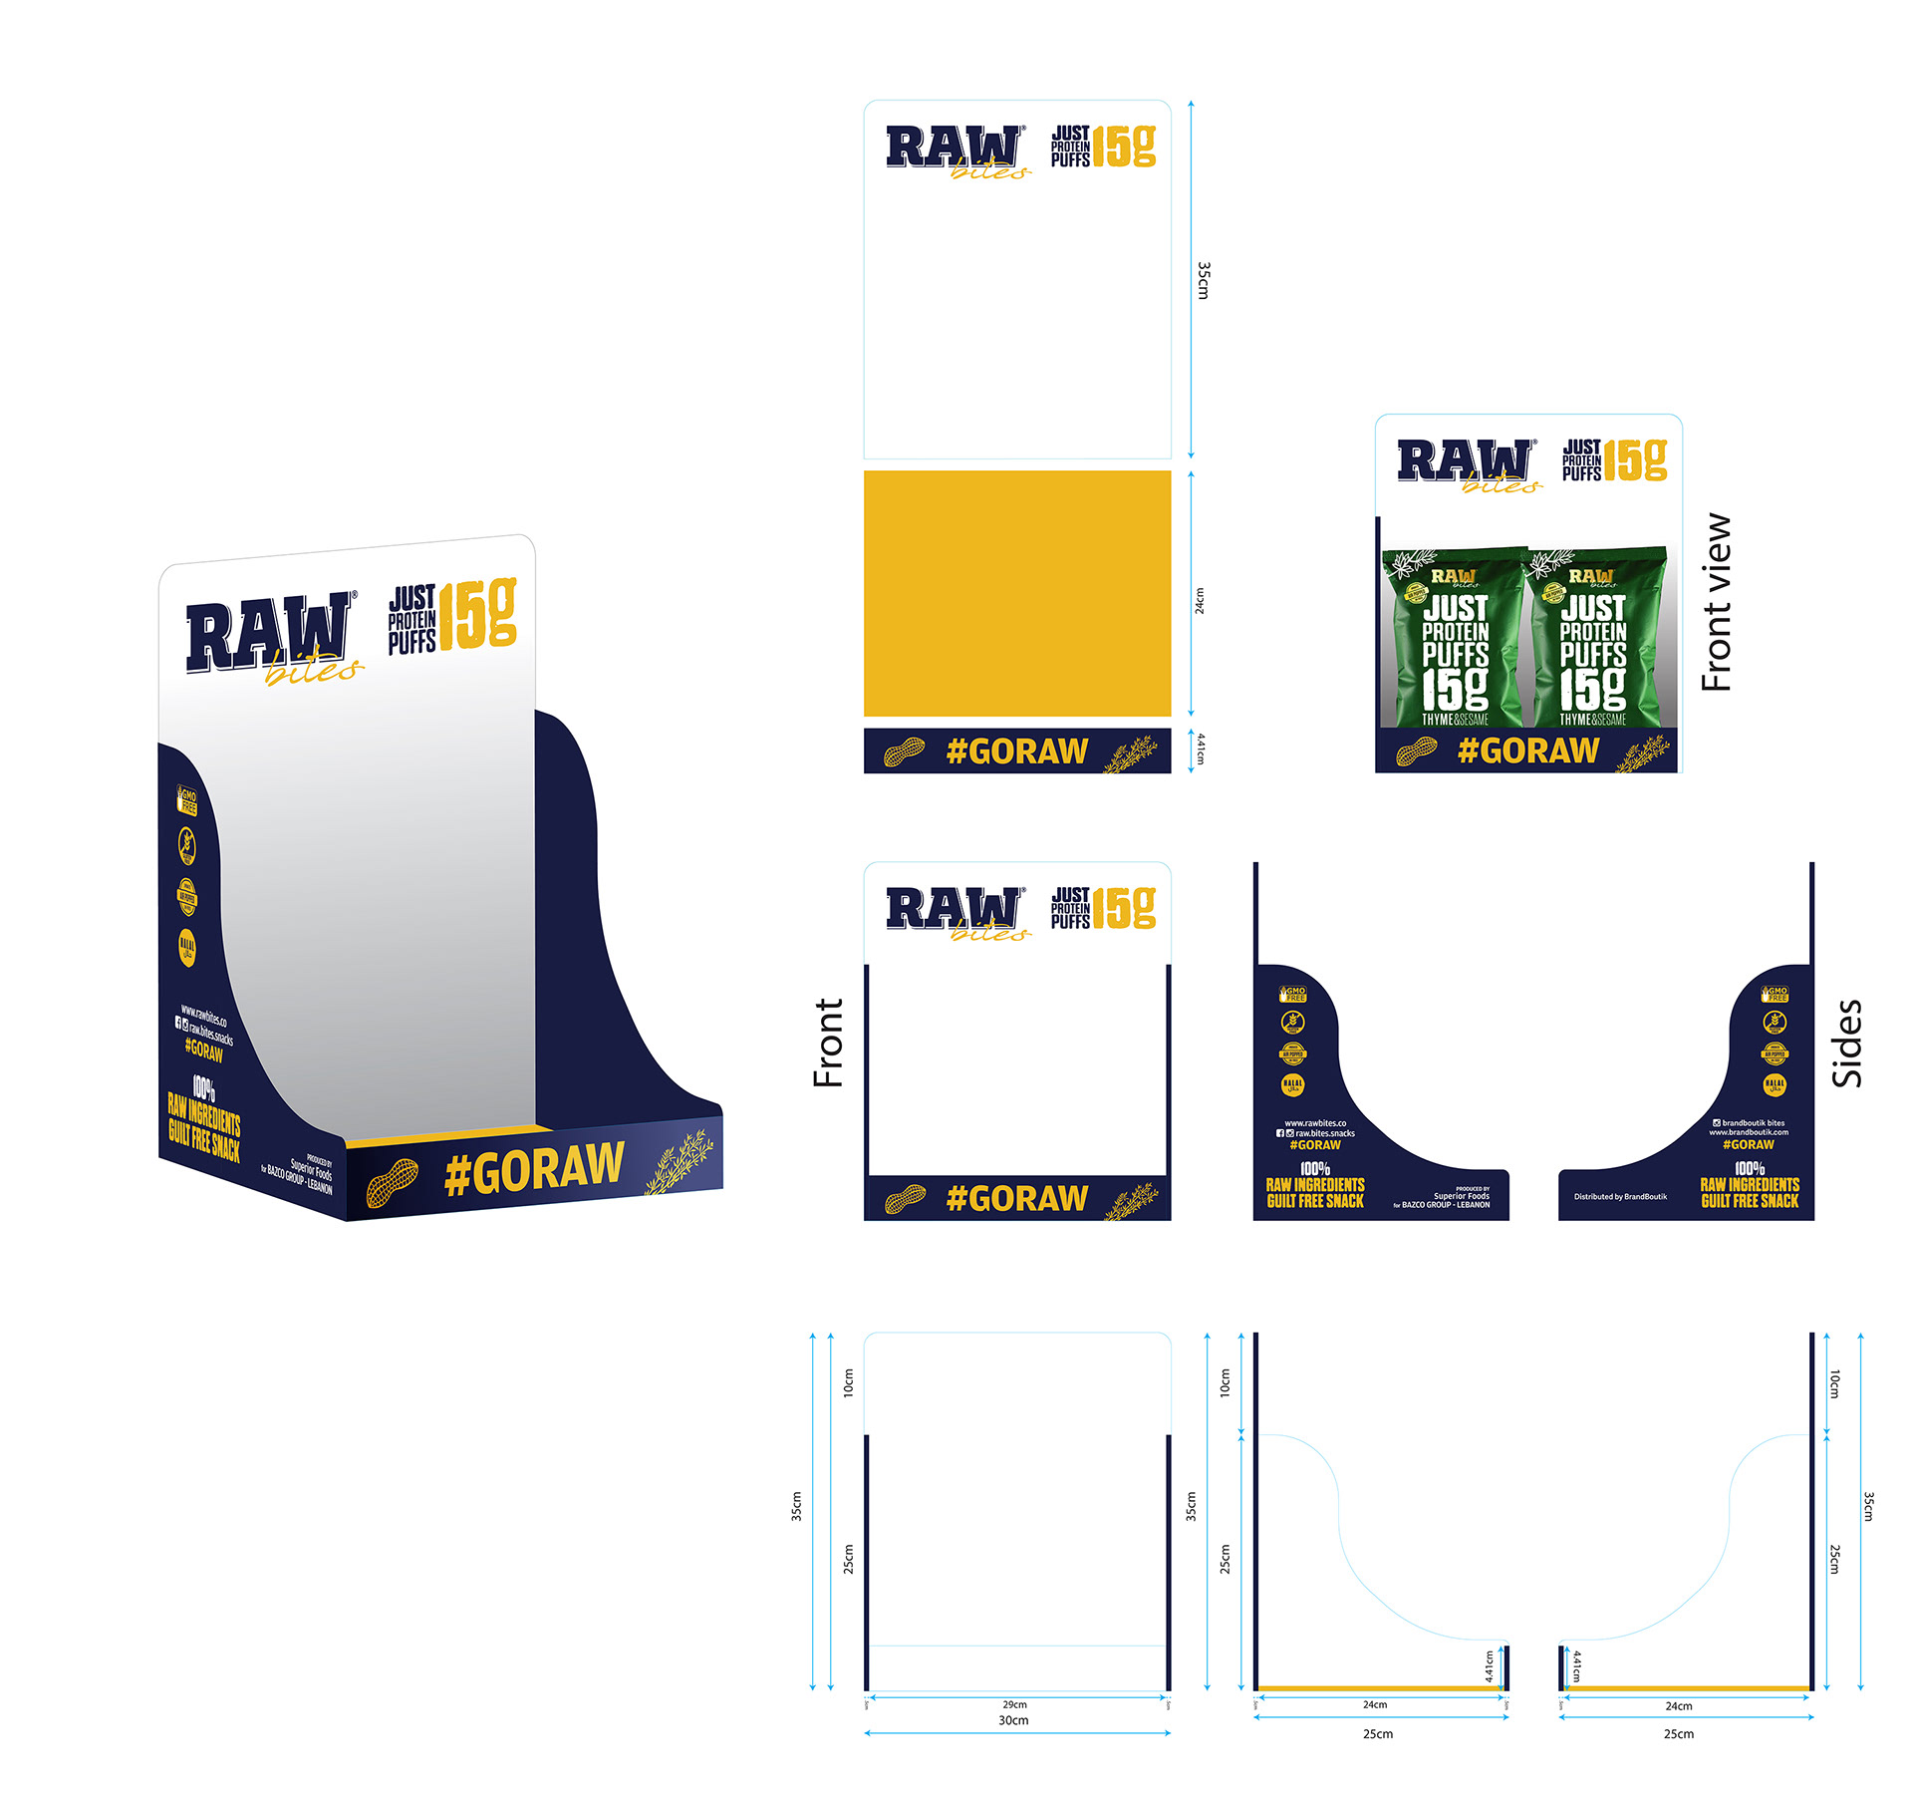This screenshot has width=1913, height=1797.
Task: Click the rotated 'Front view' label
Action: (x=1716, y=602)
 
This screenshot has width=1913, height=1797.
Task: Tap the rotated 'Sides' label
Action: (x=1846, y=1043)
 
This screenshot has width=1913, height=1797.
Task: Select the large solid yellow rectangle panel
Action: (x=1016, y=593)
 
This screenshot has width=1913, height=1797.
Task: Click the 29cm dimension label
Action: (x=1014, y=1704)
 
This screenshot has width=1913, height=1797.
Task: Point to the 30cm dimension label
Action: (x=1013, y=1720)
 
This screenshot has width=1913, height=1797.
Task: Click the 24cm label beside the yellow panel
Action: (x=1200, y=600)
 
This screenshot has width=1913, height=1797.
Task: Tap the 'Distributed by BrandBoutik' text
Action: (x=1620, y=1196)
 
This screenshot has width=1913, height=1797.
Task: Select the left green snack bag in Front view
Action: (x=1453, y=638)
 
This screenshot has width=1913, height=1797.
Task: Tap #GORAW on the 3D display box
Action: (x=534, y=1169)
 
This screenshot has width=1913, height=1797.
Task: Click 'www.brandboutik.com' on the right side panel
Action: (x=1749, y=1132)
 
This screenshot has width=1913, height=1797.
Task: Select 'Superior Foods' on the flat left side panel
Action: (x=1462, y=1196)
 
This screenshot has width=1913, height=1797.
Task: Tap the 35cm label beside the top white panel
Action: (x=1204, y=280)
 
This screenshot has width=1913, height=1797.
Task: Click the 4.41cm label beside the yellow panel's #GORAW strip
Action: (x=1201, y=749)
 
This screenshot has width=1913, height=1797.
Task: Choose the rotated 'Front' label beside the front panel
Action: (x=828, y=1043)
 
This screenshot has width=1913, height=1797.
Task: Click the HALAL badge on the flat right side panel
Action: (x=1775, y=1084)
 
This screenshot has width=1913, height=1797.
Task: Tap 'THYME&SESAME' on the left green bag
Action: (x=1455, y=719)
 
